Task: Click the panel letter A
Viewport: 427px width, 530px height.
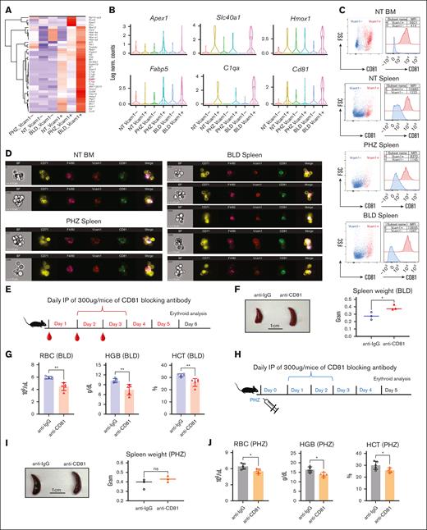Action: coord(5,6)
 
